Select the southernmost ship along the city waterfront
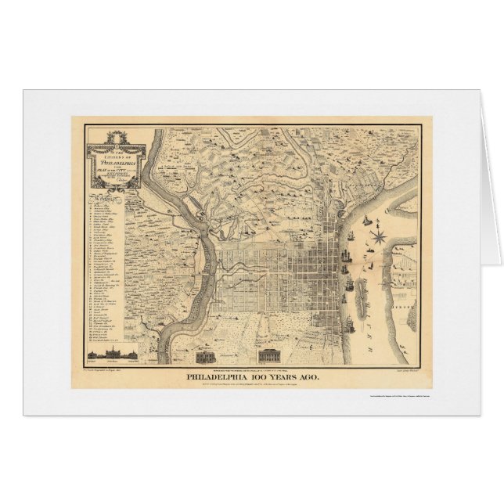[x=354, y=308]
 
